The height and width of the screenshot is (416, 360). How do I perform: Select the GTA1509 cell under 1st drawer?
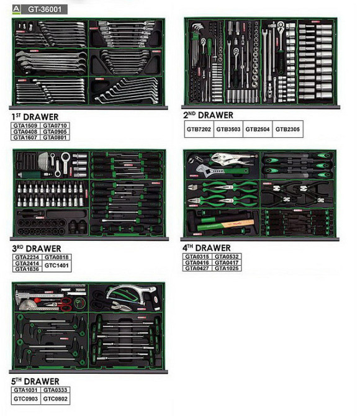coord(25,125)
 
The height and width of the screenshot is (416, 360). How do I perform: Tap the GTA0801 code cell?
coord(55,137)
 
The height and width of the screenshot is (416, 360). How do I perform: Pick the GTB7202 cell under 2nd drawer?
coord(199,129)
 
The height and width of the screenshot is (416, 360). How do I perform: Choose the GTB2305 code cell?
coord(287,129)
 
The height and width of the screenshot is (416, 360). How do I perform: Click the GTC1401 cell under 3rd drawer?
coord(56,266)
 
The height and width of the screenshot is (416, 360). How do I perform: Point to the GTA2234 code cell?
coord(27,257)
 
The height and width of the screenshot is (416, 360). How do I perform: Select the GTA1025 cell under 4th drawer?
coord(227,268)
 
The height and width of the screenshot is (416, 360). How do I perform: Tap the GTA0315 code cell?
coord(197,256)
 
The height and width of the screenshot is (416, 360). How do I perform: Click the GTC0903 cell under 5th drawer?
coord(25,399)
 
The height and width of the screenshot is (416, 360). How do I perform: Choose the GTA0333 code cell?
coord(55,390)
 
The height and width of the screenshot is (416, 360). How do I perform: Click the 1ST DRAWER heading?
coord(35,117)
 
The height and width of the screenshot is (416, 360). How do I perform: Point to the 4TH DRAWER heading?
coord(207,248)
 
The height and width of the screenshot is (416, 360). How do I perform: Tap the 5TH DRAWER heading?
coord(35,381)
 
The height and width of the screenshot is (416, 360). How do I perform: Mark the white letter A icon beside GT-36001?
coord(16,9)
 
